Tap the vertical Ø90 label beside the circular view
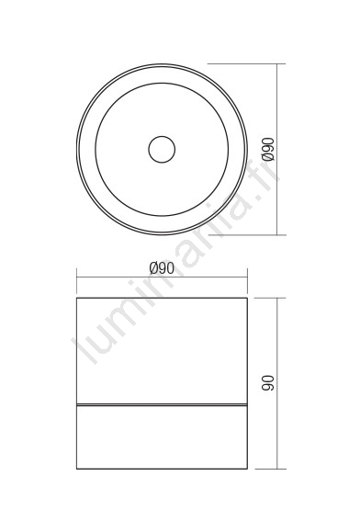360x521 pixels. (x=268, y=149)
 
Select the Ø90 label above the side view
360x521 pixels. (x=162, y=268)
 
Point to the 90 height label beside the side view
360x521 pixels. (x=268, y=383)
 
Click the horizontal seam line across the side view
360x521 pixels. (x=162, y=405)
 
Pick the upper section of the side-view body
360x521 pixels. (x=162, y=351)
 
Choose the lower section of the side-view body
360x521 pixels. (x=162, y=437)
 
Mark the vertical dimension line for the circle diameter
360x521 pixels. (x=277, y=149)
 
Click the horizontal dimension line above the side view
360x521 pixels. (x=162, y=276)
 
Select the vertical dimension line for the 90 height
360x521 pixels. (x=277, y=383)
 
